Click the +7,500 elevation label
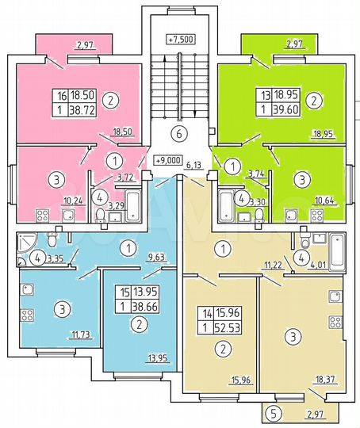coord(181,39)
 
